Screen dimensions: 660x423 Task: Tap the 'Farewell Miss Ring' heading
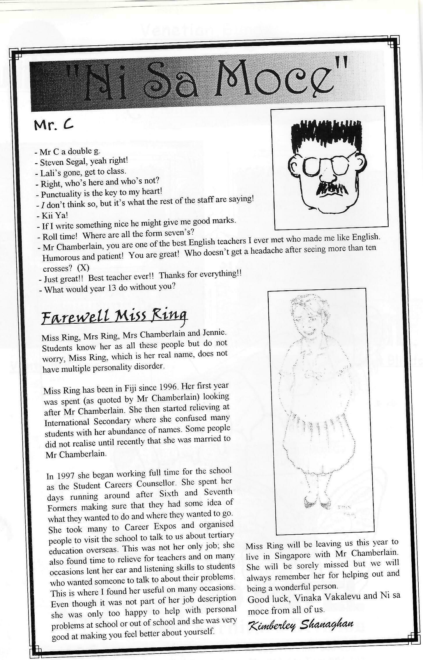(x=114, y=317)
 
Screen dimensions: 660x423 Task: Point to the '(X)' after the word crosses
(x=83, y=268)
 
